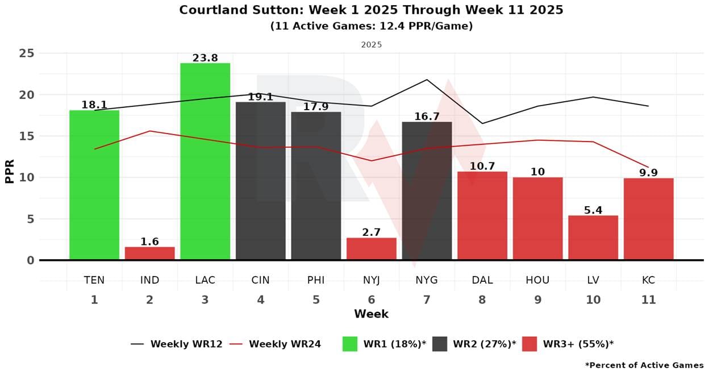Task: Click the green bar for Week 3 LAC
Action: pos(205,161)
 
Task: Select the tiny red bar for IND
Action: pos(149,253)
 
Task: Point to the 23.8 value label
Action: pos(205,58)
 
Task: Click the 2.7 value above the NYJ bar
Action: pos(371,232)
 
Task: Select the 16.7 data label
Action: pos(427,116)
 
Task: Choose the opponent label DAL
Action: pos(482,280)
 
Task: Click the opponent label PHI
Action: pos(316,280)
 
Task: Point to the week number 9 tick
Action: pos(537,300)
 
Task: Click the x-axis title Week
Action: pos(371,314)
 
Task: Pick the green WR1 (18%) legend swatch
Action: pos(350,344)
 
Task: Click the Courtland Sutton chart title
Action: pos(371,10)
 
